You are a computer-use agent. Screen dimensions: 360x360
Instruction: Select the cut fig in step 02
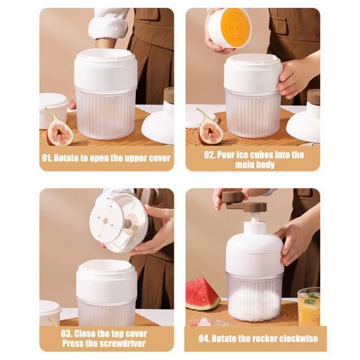pyautogui.click(x=210, y=129)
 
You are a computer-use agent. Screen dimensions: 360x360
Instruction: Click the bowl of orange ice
pyautogui.click(x=230, y=27)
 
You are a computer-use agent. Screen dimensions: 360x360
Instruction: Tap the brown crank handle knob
pyautogui.click(x=232, y=197)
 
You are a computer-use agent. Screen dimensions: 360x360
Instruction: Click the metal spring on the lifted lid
pyautogui.click(x=127, y=223)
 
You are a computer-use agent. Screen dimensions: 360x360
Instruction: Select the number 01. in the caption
pyautogui.click(x=47, y=158)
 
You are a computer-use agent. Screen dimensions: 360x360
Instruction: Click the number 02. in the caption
pyautogui.click(x=210, y=155)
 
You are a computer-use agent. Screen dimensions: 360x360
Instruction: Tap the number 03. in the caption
pyautogui.click(x=67, y=334)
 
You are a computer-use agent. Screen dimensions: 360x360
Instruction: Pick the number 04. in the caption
pyautogui.click(x=205, y=338)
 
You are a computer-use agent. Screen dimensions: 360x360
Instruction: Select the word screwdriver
pyautogui.click(x=116, y=344)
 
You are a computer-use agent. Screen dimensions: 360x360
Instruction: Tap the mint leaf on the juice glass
pyautogui.click(x=311, y=299)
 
